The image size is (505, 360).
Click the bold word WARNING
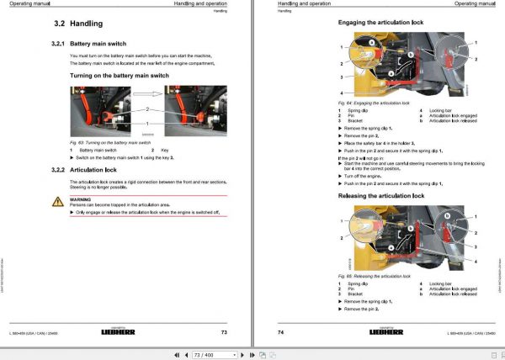[x=80, y=199]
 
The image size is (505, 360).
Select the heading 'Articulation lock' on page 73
[x=98, y=171]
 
